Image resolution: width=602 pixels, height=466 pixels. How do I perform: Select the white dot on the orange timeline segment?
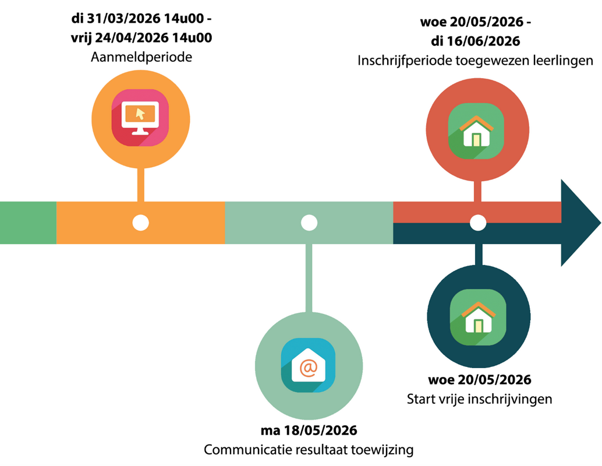[x=140, y=223]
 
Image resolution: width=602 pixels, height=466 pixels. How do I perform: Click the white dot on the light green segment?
[x=309, y=223]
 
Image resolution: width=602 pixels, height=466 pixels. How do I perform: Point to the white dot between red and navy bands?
[x=477, y=223]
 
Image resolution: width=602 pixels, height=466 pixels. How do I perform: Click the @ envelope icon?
[x=308, y=366]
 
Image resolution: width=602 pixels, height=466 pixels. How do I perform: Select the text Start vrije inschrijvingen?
[x=479, y=399]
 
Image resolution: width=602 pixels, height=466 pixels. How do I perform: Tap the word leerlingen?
[x=564, y=60]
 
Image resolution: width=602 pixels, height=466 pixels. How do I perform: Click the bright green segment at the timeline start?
[x=28, y=223]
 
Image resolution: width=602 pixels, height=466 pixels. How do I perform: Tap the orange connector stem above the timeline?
[x=140, y=185]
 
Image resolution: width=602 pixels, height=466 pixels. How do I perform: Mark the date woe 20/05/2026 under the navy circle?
[x=479, y=380]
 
